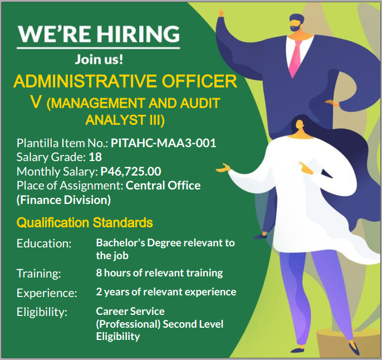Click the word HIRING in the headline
[x=138, y=33]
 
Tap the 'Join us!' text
[x=99, y=59]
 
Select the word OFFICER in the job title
[x=199, y=81]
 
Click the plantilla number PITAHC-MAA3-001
[x=164, y=143]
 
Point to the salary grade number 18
[x=95, y=157]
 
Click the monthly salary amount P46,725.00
[x=131, y=171]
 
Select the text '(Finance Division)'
[x=63, y=200]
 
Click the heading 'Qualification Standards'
[x=85, y=222]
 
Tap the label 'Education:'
[x=44, y=244]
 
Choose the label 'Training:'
[x=39, y=274]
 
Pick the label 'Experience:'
[x=47, y=293]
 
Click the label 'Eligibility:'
[x=42, y=312]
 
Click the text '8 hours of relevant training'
[x=159, y=273]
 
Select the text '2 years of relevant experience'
[x=166, y=292]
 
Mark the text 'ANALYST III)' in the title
[x=125, y=120]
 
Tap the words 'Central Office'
[x=163, y=186]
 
